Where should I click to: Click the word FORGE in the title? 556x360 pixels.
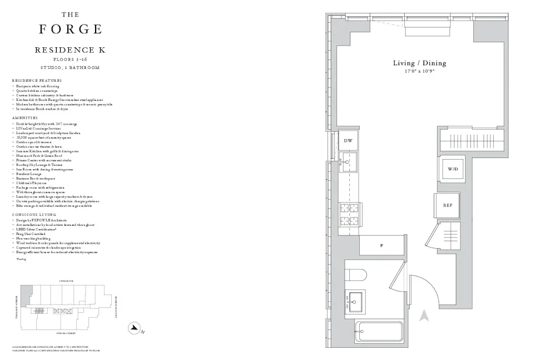(x=70, y=29)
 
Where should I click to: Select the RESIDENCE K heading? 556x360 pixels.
(x=70, y=50)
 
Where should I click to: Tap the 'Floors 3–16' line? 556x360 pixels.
(x=70, y=59)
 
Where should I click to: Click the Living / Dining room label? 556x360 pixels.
(x=419, y=63)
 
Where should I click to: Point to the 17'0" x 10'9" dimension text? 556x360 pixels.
(x=419, y=72)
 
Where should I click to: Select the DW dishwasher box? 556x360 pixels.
(x=348, y=141)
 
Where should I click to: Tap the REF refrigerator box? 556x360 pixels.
(x=447, y=205)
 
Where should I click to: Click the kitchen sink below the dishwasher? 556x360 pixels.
(x=349, y=164)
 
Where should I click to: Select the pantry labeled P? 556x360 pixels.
(x=382, y=245)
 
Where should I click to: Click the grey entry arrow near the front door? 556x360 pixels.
(x=424, y=317)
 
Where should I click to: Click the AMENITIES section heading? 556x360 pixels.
(x=24, y=118)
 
